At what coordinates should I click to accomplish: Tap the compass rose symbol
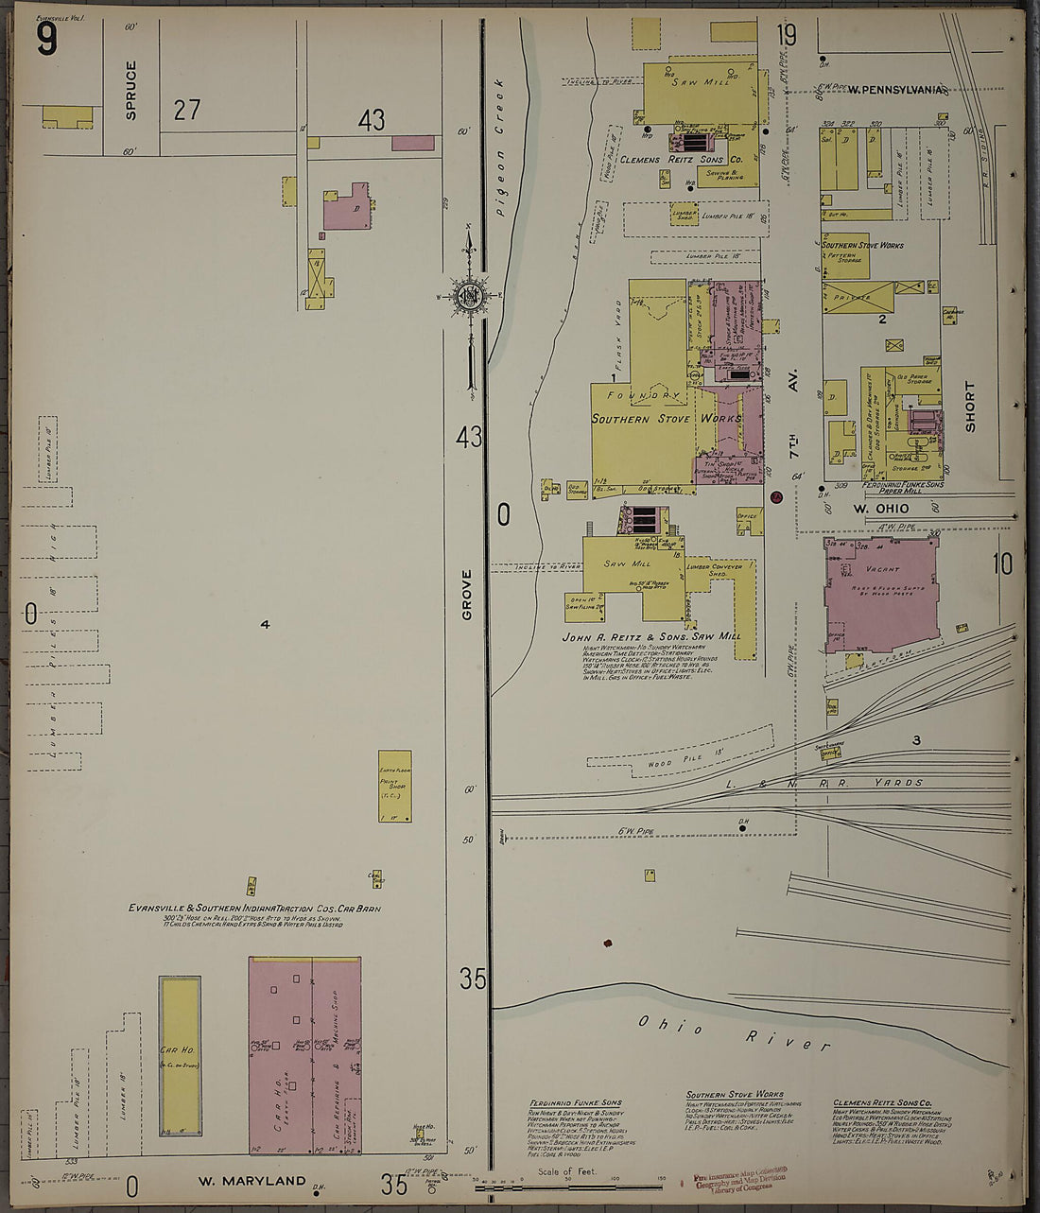[468, 296]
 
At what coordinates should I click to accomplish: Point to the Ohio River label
[720, 1032]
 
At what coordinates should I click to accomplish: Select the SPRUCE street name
[130, 90]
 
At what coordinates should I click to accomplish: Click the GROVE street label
[466, 595]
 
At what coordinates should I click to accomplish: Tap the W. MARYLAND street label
[251, 1181]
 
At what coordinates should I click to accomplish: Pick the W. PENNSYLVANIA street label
[895, 90]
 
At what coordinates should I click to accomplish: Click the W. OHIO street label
[880, 509]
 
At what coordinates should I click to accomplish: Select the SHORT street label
[969, 407]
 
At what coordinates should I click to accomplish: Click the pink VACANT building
[880, 593]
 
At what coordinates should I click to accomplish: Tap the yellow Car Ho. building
[180, 1055]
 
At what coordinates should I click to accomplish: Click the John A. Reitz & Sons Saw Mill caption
[650, 637]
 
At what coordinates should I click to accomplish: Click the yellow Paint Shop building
[394, 786]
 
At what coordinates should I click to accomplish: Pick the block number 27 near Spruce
[186, 110]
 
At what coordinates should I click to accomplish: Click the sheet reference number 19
[786, 36]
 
